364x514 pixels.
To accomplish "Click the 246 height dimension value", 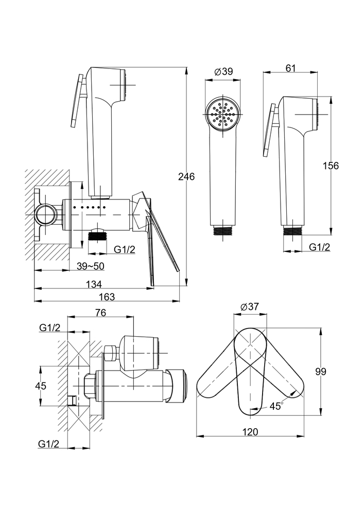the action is click(x=186, y=177).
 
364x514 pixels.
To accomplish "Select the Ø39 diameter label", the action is click(x=223, y=71).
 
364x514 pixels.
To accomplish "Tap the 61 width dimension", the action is click(x=290, y=68).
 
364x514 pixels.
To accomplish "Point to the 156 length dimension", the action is click(x=330, y=166).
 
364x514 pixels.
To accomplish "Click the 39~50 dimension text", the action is click(x=90, y=266).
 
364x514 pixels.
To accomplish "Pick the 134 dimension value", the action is click(x=94, y=284).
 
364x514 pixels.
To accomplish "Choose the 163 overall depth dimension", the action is click(x=107, y=297).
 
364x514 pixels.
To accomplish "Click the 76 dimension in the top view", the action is click(x=101, y=313).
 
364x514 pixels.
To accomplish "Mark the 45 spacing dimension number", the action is click(x=41, y=386).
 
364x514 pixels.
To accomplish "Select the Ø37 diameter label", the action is click(x=250, y=307).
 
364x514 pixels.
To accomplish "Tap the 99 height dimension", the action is click(x=321, y=372).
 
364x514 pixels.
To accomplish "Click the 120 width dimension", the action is click(x=250, y=432).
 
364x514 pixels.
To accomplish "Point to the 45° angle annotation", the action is click(x=276, y=406).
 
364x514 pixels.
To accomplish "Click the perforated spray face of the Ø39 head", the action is click(x=223, y=114).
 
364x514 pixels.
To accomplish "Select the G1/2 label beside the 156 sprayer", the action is click(x=319, y=247).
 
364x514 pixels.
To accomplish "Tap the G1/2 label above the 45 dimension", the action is click(x=49, y=327).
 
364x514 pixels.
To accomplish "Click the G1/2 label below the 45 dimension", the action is click(x=48, y=444).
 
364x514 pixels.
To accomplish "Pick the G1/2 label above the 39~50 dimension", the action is click(x=125, y=249).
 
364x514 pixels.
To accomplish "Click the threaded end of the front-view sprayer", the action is click(x=223, y=230).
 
